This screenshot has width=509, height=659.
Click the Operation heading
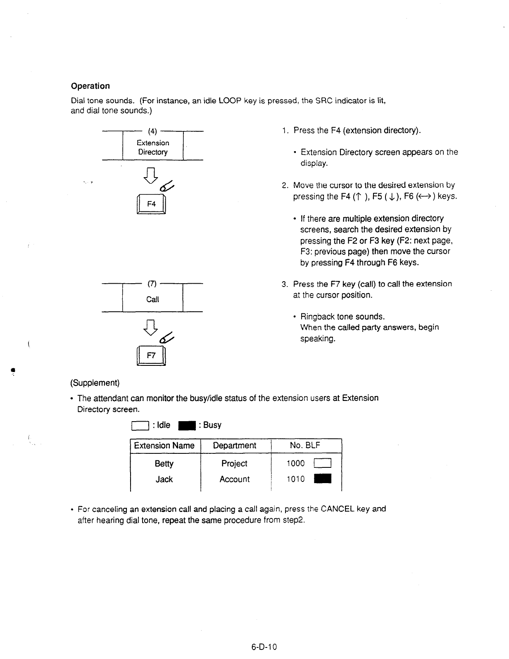(90, 86)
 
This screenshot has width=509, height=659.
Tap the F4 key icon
(152, 204)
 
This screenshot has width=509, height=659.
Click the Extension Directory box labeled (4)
(152, 147)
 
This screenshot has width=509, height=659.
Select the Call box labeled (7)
(152, 299)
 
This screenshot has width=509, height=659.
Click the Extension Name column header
(164, 446)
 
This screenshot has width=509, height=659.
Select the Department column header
(234, 446)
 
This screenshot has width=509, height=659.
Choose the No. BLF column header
(305, 446)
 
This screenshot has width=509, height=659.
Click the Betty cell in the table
(164, 464)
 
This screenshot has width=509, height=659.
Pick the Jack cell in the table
(164, 479)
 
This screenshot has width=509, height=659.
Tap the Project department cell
(234, 464)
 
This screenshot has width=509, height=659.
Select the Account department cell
(234, 479)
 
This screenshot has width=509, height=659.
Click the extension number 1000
(296, 464)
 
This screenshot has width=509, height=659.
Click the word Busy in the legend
(212, 425)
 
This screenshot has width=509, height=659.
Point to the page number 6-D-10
(264, 647)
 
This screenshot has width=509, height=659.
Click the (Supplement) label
(95, 383)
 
